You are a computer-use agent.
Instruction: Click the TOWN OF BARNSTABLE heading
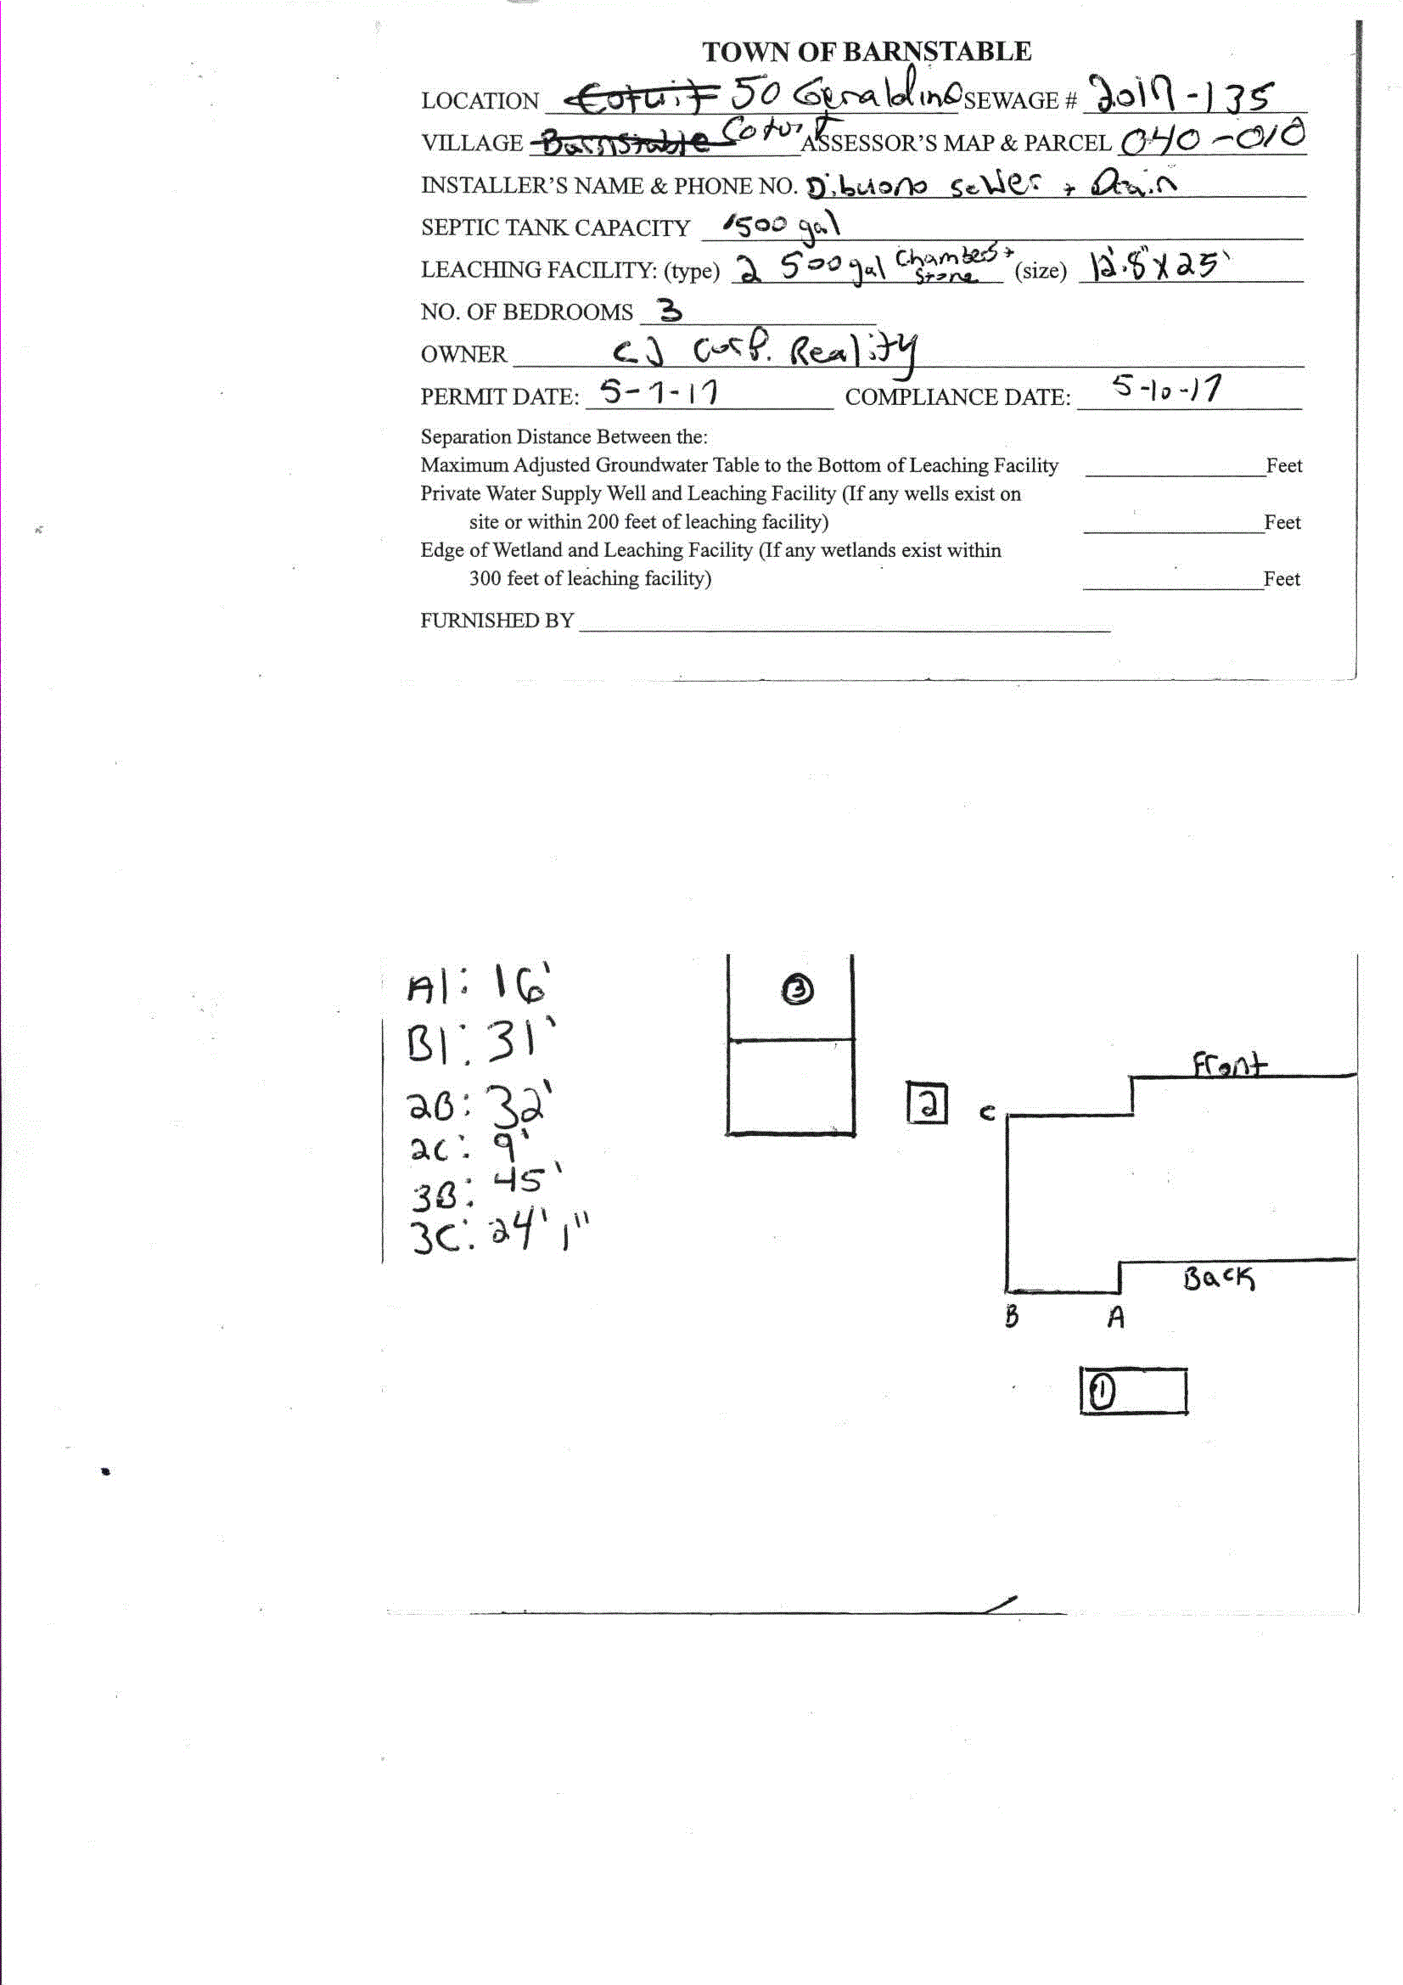point(867,52)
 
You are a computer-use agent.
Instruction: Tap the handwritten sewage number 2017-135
point(1181,95)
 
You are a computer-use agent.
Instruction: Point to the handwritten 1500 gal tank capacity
point(782,227)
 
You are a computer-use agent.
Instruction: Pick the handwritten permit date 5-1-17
point(659,393)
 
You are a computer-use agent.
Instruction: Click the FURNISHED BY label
point(497,621)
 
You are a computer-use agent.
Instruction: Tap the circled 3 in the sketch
point(797,989)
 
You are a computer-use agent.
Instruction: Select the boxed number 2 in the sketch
point(927,1104)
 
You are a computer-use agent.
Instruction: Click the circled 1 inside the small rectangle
point(1103,1391)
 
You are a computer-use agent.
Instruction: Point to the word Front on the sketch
point(1229,1065)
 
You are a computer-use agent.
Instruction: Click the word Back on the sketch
point(1219,1278)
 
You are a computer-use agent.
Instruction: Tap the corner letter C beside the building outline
point(987,1113)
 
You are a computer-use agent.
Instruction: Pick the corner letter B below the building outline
point(1012,1317)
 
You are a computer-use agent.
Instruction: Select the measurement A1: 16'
point(478,985)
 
